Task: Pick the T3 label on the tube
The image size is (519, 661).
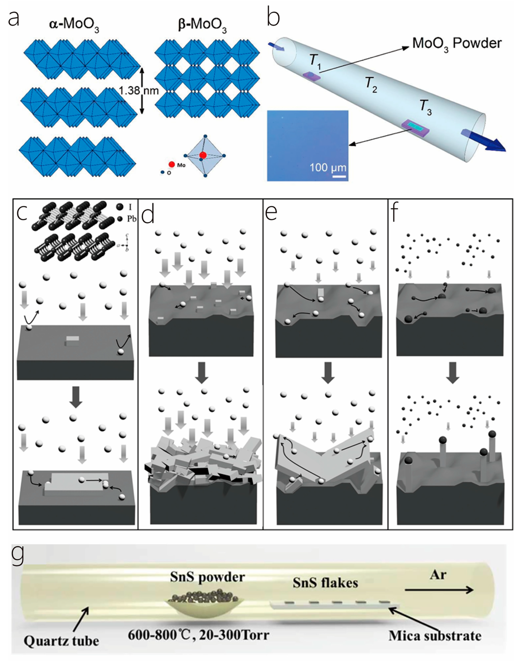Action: [425, 107]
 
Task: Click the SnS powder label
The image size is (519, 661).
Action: [208, 577]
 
